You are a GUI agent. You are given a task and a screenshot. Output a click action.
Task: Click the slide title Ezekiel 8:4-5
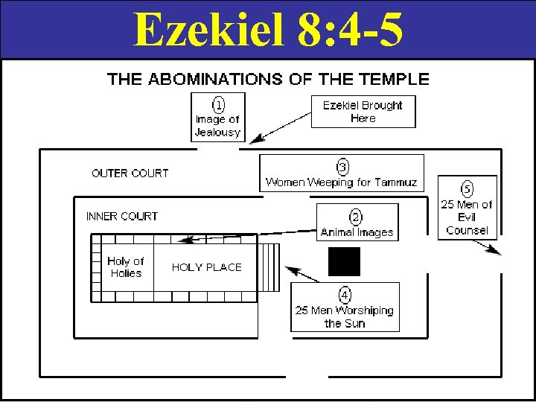[268, 29]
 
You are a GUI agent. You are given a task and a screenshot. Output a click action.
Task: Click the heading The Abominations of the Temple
[268, 79]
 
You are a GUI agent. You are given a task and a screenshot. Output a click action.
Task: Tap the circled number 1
[217, 103]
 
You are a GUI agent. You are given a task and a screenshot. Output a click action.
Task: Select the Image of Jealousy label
[217, 126]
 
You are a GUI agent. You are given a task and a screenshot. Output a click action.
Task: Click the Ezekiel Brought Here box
[363, 112]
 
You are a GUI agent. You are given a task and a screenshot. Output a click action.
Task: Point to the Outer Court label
[130, 173]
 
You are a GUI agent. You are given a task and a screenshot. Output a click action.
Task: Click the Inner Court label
[122, 217]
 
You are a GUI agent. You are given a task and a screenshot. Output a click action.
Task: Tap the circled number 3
[342, 166]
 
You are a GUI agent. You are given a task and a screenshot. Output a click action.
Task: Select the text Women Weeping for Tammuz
[342, 182]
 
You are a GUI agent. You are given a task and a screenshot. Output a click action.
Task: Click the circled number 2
[357, 217]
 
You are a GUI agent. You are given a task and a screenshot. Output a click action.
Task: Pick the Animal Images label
[357, 232]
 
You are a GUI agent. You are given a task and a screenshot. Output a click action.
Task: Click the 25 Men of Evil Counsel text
[467, 217]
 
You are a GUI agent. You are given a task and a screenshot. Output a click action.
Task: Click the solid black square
[344, 261]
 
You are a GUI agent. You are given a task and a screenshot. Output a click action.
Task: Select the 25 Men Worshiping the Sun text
[345, 317]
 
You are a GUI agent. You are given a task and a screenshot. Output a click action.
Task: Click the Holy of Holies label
[126, 267]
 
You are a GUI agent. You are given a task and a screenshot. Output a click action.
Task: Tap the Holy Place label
[207, 267]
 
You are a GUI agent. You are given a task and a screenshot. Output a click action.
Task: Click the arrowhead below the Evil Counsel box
[497, 252]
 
